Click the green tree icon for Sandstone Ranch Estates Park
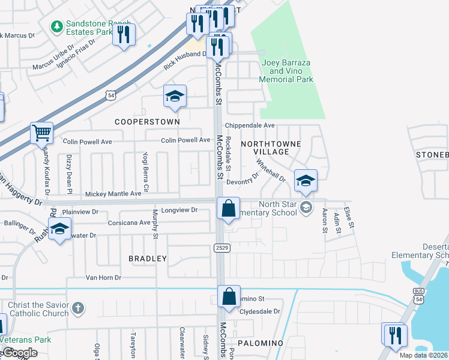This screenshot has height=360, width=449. tap(57, 26)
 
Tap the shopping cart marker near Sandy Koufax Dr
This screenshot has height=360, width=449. tap(41, 133)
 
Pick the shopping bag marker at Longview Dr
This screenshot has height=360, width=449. tap(228, 209)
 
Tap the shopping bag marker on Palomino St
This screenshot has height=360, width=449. tap(228, 296)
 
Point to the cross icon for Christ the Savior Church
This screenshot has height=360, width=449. tap(77, 308)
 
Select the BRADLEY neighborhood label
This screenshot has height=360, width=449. tap(148, 259)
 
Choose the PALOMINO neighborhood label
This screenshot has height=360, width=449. tap(260, 343)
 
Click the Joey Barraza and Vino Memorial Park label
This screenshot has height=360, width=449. tap(287, 71)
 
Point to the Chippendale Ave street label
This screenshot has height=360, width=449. tap(250, 125)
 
